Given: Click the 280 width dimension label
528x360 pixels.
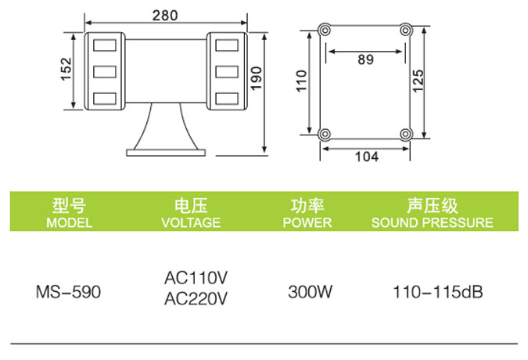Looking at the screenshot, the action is (x=165, y=16).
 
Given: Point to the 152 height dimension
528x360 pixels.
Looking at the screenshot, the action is (x=66, y=69).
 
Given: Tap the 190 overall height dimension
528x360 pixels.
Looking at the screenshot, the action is (x=257, y=78).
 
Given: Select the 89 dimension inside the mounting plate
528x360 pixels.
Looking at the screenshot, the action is (x=366, y=59).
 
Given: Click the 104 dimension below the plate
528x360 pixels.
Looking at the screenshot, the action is (x=367, y=157).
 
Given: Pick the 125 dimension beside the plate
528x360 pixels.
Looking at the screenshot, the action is (x=418, y=81).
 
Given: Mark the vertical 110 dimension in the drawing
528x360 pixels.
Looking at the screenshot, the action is (x=301, y=81).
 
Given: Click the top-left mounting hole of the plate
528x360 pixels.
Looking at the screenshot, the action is (x=325, y=31).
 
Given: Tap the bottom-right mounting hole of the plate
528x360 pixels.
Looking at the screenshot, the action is (x=406, y=135).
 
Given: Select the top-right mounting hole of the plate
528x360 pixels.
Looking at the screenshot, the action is (x=406, y=31).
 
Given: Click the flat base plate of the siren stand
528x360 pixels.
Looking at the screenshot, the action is (x=166, y=153).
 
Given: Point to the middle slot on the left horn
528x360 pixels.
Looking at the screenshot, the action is (x=105, y=72).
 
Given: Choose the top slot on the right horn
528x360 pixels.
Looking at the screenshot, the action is (x=227, y=45).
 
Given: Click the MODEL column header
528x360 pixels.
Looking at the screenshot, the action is (x=70, y=222).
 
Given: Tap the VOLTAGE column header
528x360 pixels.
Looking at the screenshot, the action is (x=191, y=222).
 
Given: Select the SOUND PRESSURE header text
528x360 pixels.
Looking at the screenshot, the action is (x=433, y=222).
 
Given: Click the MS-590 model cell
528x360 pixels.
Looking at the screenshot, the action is (x=68, y=292).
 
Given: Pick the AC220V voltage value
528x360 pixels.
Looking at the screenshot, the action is (x=196, y=299).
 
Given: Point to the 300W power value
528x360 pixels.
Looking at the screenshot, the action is (x=310, y=292).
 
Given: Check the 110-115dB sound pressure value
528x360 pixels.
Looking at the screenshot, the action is (x=438, y=292).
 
